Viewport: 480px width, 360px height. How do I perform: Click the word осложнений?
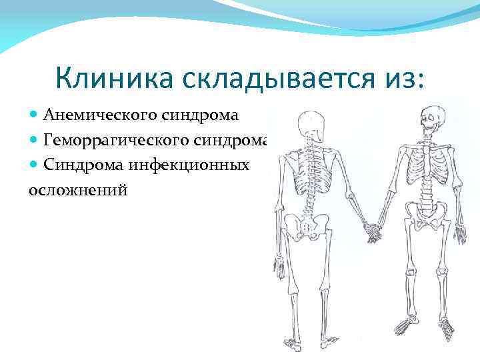(x=77, y=189)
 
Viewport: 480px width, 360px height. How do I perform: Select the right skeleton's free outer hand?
(x=461, y=233)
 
